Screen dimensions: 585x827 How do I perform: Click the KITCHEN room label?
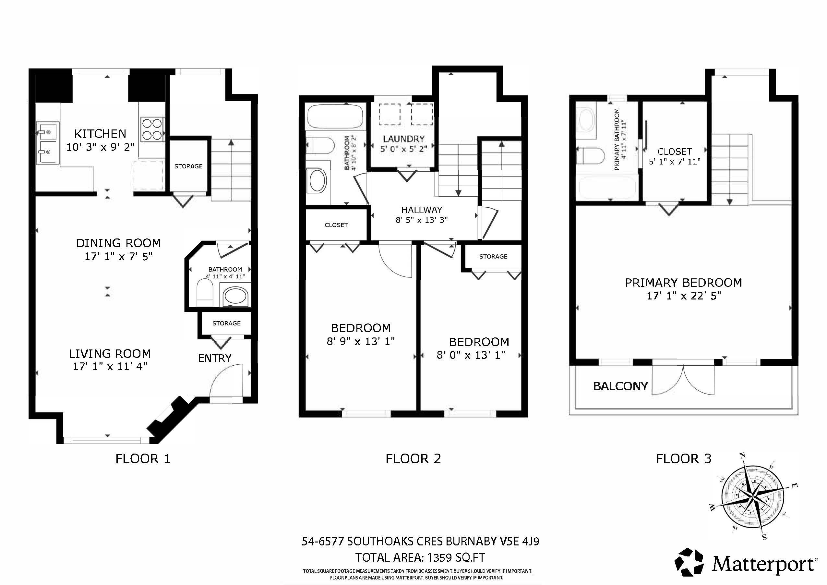(100, 134)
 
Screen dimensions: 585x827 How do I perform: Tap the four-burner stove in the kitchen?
(152, 129)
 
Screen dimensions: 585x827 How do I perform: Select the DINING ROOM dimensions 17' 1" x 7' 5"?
(118, 257)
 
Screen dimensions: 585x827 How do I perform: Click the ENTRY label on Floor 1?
(215, 358)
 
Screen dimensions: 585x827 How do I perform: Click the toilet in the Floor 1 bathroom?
(205, 293)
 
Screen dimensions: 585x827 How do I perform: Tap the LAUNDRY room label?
(403, 139)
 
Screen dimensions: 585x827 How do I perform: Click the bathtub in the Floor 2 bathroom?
(335, 116)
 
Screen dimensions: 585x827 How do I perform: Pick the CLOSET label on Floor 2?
(336, 225)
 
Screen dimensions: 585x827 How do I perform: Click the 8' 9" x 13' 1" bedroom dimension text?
(361, 341)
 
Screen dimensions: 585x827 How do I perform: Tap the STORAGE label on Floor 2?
(493, 256)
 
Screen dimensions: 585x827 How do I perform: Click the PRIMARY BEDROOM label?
(683, 283)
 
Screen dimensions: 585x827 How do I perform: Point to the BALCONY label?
(620, 386)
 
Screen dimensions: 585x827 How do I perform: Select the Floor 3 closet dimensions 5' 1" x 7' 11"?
(674, 162)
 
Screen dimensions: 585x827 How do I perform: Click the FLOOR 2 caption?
(413, 459)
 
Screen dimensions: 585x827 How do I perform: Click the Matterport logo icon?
(689, 562)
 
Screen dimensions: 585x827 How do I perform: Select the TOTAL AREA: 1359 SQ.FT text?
(420, 558)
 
